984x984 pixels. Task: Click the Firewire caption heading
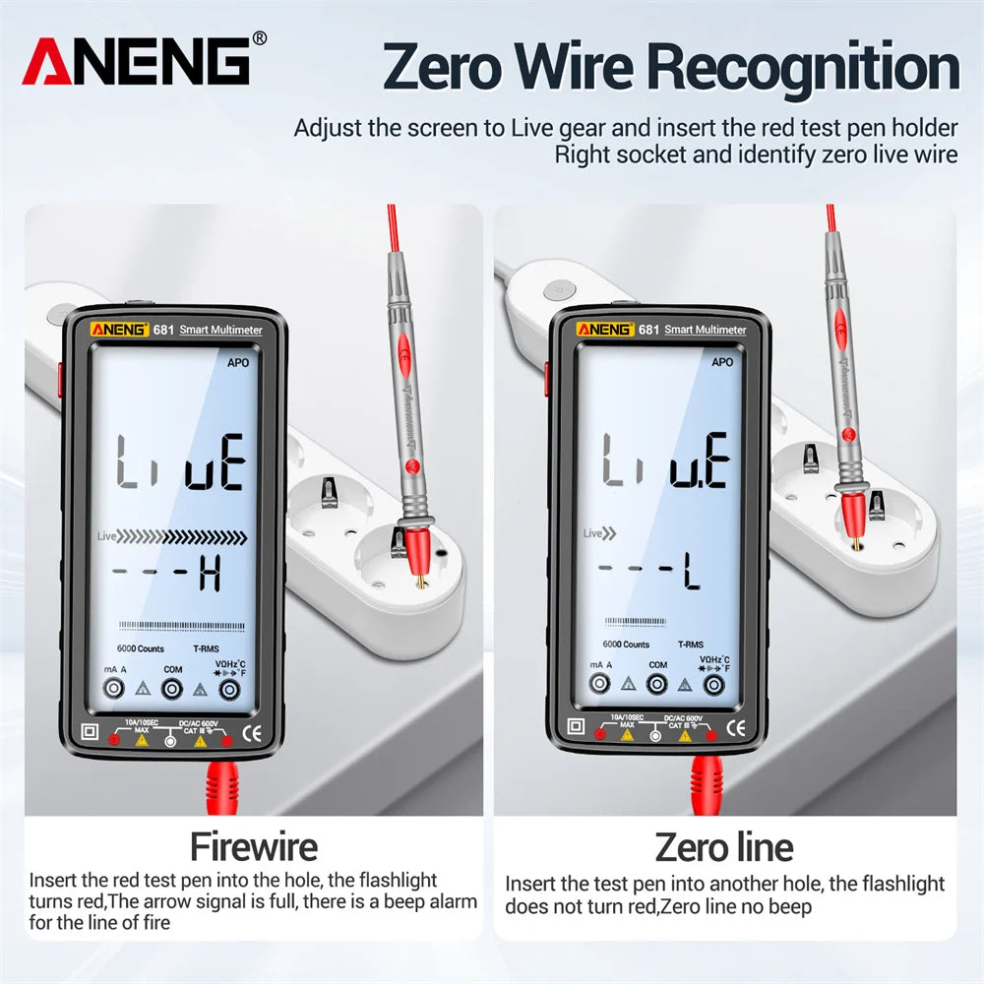tap(254, 846)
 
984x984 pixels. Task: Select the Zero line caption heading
tap(723, 846)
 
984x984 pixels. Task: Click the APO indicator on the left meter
tap(237, 362)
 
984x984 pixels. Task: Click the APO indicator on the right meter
tap(721, 362)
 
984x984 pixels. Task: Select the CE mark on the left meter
tap(253, 731)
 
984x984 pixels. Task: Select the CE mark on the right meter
tap(736, 728)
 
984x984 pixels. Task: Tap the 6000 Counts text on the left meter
tap(142, 648)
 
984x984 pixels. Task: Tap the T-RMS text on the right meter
tap(690, 645)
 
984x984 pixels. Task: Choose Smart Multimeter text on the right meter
tap(706, 330)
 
